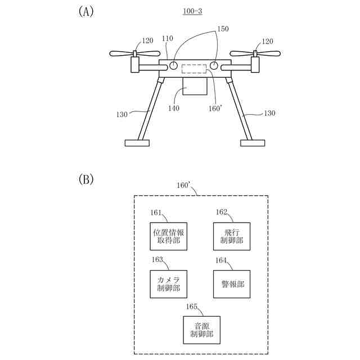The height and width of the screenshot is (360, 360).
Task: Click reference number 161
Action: click(157, 212)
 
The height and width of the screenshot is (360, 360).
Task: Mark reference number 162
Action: click(222, 212)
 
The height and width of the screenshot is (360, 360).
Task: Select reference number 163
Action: click(157, 260)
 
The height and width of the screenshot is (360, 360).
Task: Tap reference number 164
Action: click(222, 260)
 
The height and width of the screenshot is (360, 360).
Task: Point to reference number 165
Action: click(192, 307)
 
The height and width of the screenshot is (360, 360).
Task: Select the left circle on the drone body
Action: click(174, 66)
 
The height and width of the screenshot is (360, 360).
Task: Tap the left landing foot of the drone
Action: click(137, 143)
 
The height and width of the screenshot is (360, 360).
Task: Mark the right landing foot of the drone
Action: click(253, 143)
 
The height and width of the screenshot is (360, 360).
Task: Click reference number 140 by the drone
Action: click(174, 108)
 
